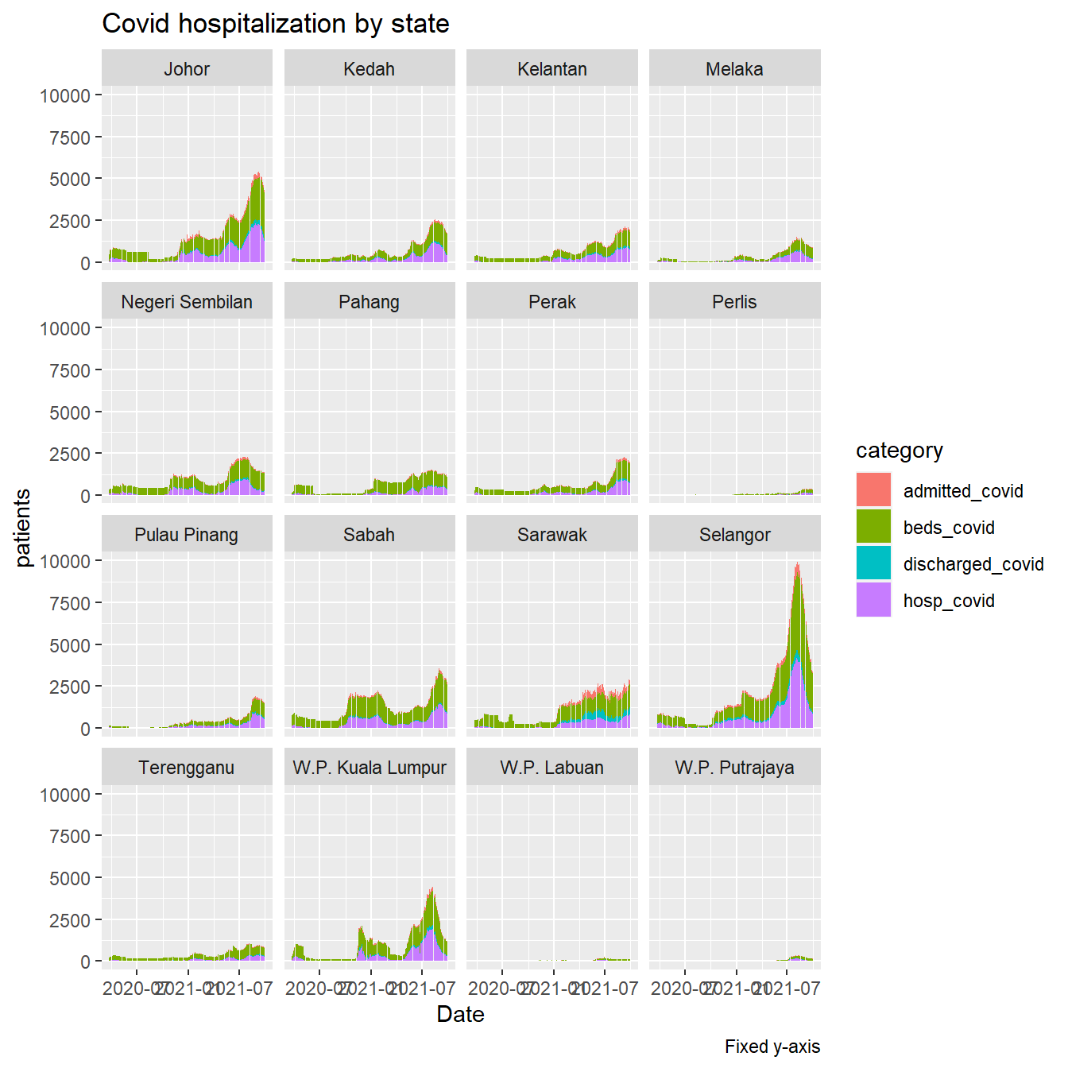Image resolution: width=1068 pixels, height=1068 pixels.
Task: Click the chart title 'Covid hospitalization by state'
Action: tap(276, 24)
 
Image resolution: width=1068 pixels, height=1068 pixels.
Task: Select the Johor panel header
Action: tap(187, 69)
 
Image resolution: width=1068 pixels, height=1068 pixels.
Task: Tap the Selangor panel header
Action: tap(734, 535)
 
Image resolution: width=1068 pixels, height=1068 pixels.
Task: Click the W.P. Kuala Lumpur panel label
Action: tap(370, 768)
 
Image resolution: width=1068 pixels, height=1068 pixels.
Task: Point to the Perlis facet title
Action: tap(734, 302)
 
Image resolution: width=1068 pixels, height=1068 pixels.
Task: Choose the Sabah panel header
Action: tap(370, 535)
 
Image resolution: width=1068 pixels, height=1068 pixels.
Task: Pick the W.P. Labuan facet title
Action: tap(551, 768)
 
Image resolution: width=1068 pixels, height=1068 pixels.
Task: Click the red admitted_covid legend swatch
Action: tap(873, 490)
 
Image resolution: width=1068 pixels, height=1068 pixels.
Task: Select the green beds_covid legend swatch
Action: tap(873, 527)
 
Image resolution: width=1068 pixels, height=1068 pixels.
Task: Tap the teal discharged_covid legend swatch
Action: tap(873, 563)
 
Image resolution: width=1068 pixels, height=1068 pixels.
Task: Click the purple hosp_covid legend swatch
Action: tap(873, 600)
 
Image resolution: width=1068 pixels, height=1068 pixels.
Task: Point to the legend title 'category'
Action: tap(899, 451)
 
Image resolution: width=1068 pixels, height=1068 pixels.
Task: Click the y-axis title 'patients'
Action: tap(23, 528)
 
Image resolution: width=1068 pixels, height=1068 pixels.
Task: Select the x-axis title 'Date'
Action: tap(460, 1014)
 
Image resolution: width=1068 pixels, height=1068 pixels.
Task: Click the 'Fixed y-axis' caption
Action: tap(772, 1047)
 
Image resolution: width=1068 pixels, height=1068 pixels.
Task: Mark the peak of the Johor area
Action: tap(257, 174)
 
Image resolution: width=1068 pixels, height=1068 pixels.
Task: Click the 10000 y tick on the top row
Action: tap(65, 96)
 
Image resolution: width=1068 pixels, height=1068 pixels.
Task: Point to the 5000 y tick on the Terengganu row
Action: tap(70, 878)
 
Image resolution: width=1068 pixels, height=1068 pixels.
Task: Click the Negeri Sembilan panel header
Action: tap(187, 302)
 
